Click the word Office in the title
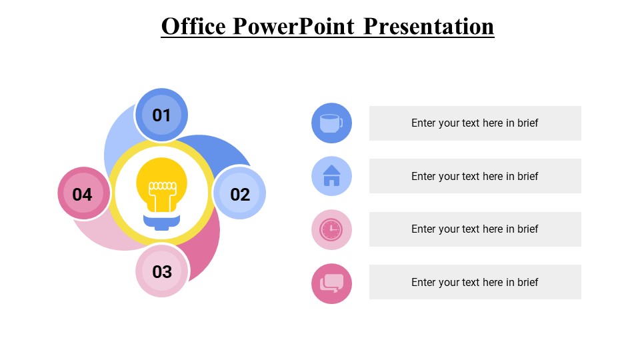pos(194,26)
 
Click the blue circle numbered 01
pos(161,115)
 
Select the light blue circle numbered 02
pos(239,194)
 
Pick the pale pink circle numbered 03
pos(162,271)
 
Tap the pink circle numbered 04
pos(83,194)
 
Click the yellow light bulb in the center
pos(161,183)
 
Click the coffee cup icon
pos(331,123)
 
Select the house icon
pos(331,176)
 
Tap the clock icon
pos(331,229)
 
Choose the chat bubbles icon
pos(331,283)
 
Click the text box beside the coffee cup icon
pos(475,123)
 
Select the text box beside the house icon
pos(475,176)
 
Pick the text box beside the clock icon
pos(475,229)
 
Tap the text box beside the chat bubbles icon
pos(475,282)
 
